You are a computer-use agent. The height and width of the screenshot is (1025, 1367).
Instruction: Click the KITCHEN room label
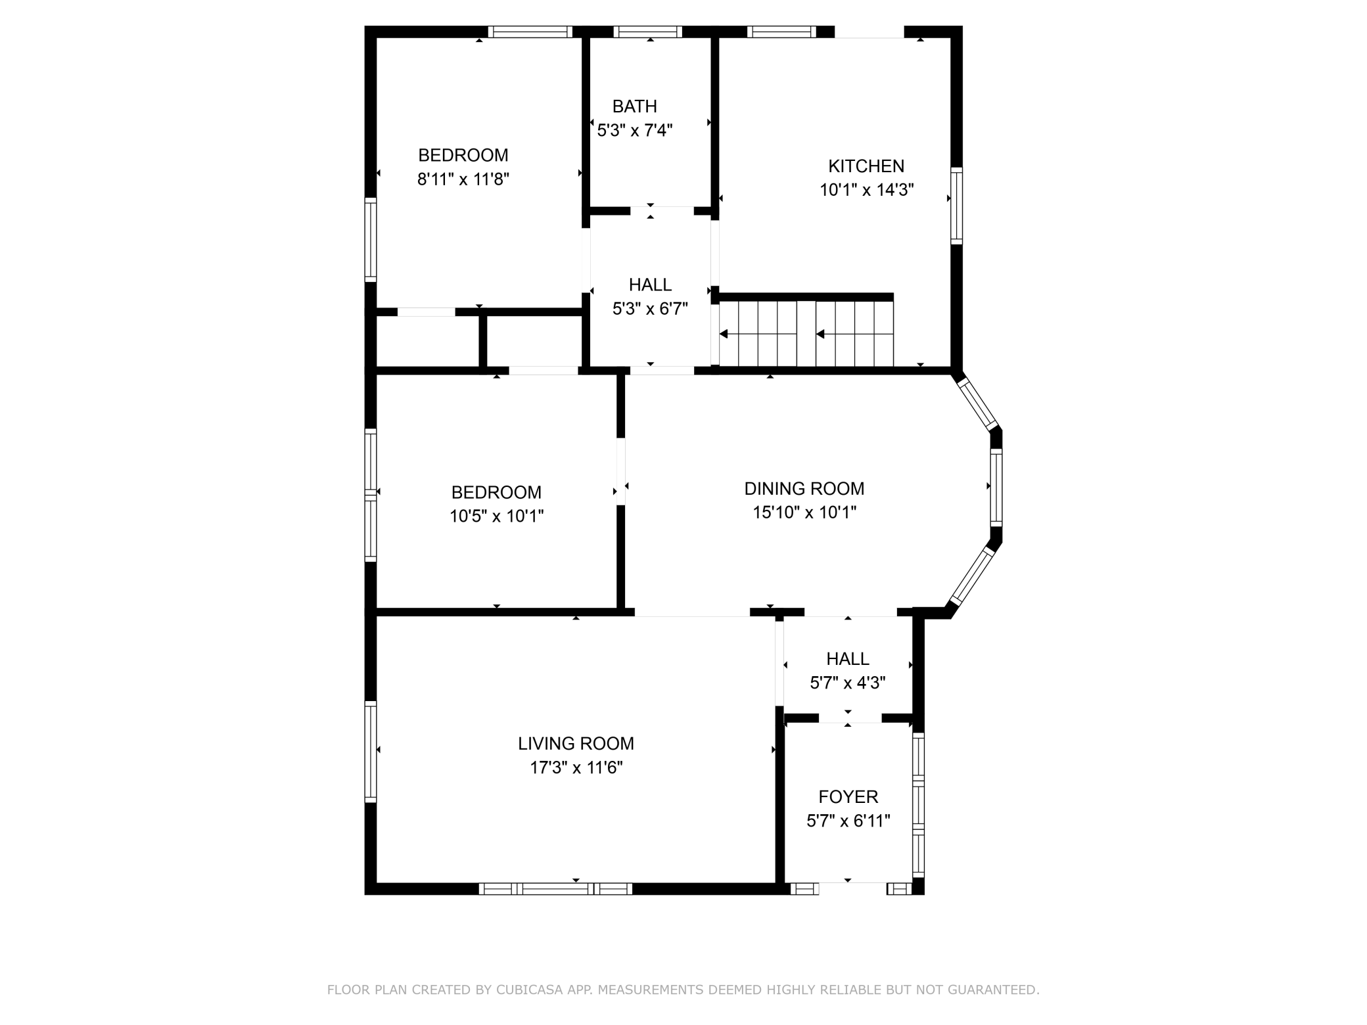pos(866,166)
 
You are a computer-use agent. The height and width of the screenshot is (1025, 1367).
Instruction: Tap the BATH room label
pos(635,106)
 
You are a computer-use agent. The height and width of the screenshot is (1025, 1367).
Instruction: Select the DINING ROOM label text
pos(804,489)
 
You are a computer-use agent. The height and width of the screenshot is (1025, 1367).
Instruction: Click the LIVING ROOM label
pos(576,744)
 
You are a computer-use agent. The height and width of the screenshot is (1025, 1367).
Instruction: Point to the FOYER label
pos(848,797)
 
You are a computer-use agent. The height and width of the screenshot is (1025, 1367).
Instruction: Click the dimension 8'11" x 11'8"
pos(463,179)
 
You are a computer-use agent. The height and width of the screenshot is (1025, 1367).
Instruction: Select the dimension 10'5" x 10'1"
pos(497,516)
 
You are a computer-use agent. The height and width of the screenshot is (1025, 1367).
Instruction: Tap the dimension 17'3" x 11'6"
pos(576,767)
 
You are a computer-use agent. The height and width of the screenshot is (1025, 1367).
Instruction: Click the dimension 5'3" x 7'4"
pos(635,130)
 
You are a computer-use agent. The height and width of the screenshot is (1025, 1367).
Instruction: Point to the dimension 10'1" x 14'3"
pos(867,190)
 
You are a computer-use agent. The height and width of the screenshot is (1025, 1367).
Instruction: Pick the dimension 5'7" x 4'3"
pos(848,683)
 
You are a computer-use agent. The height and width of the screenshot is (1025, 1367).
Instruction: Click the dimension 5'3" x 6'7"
pos(651,309)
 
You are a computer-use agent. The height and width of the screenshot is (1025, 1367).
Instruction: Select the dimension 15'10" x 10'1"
pos(804,512)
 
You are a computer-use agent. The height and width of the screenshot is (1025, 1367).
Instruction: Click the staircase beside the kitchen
pos(806,334)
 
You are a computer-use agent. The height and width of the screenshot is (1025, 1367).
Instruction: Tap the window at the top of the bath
pos(648,32)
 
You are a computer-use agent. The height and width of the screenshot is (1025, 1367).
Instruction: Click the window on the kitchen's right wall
pos(957,206)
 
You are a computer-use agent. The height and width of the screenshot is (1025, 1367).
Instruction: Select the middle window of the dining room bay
pos(996,487)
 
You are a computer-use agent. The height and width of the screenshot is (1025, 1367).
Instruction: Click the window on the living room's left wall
pos(371,752)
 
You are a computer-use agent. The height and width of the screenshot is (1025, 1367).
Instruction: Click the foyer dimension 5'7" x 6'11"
pos(848,821)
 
